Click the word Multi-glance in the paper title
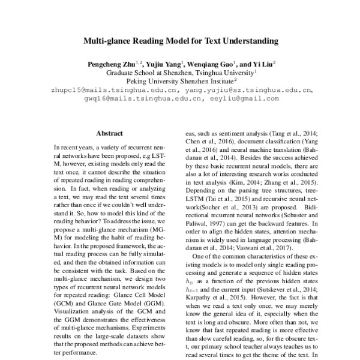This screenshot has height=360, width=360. (x=109, y=41)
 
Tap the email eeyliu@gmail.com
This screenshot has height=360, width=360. (x=245, y=98)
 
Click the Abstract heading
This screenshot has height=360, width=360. (x=110, y=133)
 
